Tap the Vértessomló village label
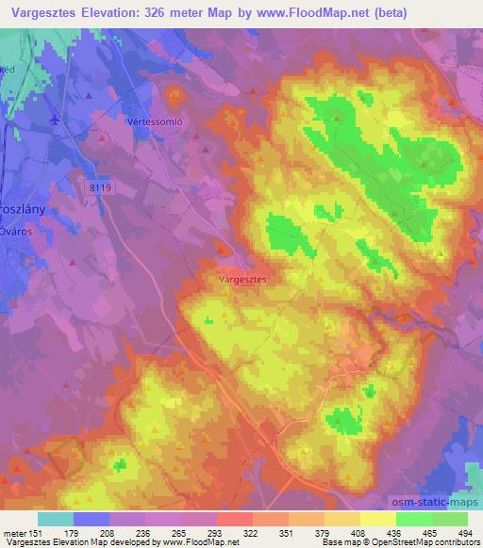pos(154,122)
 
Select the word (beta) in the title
pos(446,13)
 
